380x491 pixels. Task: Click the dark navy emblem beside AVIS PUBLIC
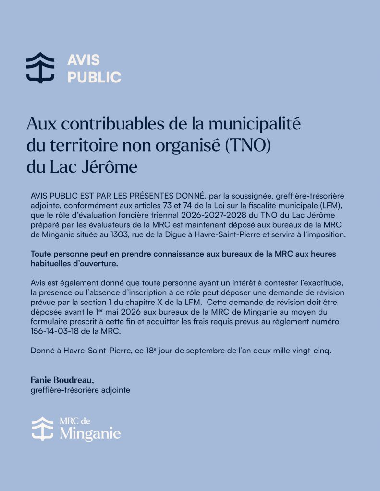[40, 68]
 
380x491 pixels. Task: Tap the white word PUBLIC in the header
[94, 77]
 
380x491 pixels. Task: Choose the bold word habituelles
[53, 263]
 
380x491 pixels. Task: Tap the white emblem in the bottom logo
[42, 428]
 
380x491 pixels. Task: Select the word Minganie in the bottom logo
[90, 434]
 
